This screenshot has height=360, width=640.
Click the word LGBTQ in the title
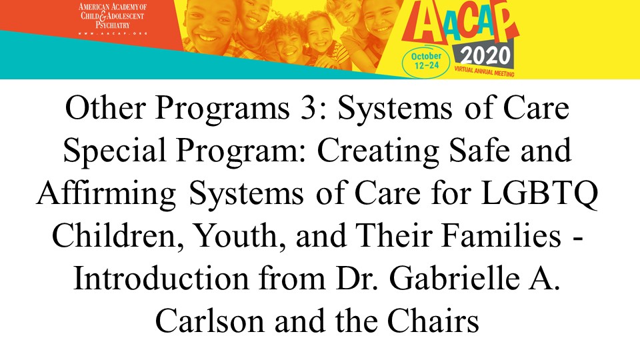point(539,194)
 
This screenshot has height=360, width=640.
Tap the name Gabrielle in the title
point(454,279)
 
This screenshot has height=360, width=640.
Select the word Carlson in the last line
point(210,321)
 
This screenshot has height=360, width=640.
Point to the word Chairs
point(433,321)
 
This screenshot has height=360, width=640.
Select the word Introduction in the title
point(161,279)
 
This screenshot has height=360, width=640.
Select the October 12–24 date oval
point(426,61)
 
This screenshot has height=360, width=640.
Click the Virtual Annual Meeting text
point(485,71)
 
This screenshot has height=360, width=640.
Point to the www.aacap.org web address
point(113,33)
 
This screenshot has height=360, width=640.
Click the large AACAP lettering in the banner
point(460,23)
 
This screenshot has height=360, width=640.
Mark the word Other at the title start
point(105,108)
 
